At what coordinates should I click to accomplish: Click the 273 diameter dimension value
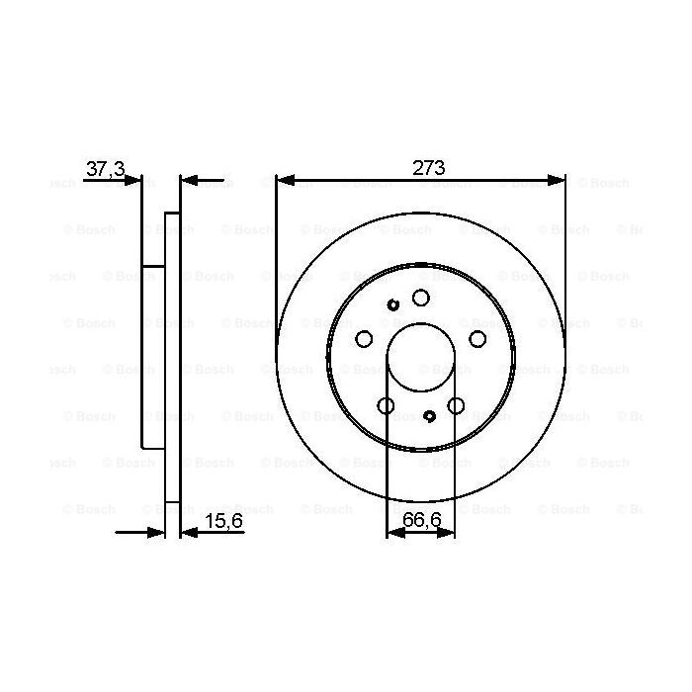coord(427,169)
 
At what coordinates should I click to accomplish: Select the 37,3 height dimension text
coord(105,169)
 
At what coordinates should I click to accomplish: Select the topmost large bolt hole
coord(420,298)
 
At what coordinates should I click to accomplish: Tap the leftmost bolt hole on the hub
coord(363,339)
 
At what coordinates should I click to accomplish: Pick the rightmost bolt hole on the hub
coord(477,339)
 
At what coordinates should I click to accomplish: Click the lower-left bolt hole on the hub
coord(386,405)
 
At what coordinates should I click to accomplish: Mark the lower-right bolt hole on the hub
coord(456,405)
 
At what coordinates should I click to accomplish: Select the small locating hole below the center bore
coord(430,416)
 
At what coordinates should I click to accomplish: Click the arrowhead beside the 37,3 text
coord(134,180)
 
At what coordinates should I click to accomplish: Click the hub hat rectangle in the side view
coord(152,356)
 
